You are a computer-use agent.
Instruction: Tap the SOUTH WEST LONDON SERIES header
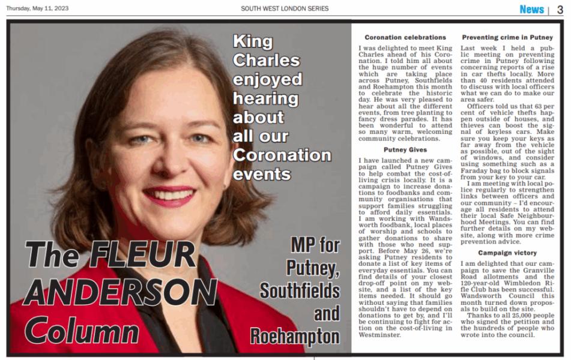[x=285, y=8]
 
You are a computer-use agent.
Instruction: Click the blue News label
[x=531, y=9]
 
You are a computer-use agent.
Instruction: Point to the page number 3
[x=560, y=9]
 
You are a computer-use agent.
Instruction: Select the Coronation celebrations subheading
[x=405, y=38]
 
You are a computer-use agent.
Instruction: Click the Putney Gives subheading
[x=405, y=149]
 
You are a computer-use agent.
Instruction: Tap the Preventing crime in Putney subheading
[x=507, y=38]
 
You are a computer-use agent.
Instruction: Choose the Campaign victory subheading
[x=507, y=253]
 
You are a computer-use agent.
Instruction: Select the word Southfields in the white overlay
[x=300, y=290]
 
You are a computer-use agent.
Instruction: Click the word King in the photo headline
[x=252, y=42]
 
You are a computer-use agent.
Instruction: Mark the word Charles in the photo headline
[x=266, y=61]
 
